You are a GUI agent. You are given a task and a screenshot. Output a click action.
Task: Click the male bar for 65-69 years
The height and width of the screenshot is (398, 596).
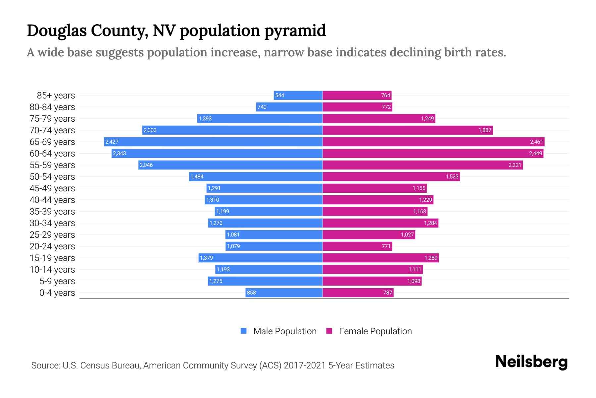pos(213,142)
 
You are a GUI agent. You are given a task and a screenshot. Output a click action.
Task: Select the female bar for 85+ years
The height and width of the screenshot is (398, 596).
pos(357,95)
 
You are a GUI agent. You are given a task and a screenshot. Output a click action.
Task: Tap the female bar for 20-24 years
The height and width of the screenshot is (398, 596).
pos(357,246)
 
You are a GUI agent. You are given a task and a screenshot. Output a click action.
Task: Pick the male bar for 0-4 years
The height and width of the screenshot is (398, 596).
pos(284,293)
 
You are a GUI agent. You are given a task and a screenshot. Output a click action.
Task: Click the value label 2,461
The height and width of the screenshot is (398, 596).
pos(536,142)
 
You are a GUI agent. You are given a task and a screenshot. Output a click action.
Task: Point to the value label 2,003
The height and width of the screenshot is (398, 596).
pos(150,130)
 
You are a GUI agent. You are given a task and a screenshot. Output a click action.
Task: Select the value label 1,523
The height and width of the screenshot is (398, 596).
pos(452,176)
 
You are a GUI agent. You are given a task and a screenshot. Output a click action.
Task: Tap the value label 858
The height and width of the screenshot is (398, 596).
pos(251,293)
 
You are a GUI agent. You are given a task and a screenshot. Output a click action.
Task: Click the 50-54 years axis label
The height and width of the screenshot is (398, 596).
pos(52,177)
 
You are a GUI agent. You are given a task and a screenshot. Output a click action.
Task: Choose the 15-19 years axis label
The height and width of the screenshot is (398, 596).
pos(52,258)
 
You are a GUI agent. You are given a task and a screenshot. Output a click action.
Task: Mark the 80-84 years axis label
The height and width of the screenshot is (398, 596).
pos(52,107)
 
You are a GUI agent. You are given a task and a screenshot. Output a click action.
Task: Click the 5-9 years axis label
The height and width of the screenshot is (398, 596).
pos(57,281)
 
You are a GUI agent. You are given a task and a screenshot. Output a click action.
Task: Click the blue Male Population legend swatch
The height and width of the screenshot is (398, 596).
pos(244,331)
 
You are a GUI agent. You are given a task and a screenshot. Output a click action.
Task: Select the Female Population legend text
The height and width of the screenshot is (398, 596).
pos(375,331)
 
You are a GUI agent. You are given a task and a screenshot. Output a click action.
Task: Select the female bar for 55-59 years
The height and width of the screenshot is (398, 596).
pos(423,165)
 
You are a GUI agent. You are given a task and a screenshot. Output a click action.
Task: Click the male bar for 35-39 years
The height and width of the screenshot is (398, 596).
pos(269,211)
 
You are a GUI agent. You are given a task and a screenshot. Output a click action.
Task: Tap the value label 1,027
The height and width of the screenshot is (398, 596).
pos(407,234)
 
